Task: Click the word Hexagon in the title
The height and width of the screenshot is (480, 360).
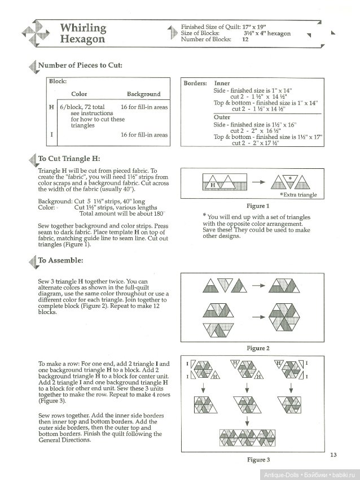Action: point(83,40)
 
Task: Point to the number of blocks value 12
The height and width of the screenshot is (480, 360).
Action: point(245,40)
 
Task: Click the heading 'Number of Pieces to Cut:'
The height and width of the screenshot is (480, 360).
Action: point(80,66)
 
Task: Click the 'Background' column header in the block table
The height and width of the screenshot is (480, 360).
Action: point(143,94)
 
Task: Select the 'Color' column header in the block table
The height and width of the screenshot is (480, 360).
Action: point(79,94)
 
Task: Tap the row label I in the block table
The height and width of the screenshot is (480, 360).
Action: point(52,135)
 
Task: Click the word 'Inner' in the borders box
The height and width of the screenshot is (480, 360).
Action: point(222,83)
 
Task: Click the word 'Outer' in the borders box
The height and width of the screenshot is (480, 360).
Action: point(223,117)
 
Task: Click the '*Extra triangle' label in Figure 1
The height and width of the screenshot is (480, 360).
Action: point(298,195)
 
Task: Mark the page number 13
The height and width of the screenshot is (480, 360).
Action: point(333,455)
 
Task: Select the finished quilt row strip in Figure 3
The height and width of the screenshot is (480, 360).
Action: point(247,439)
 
